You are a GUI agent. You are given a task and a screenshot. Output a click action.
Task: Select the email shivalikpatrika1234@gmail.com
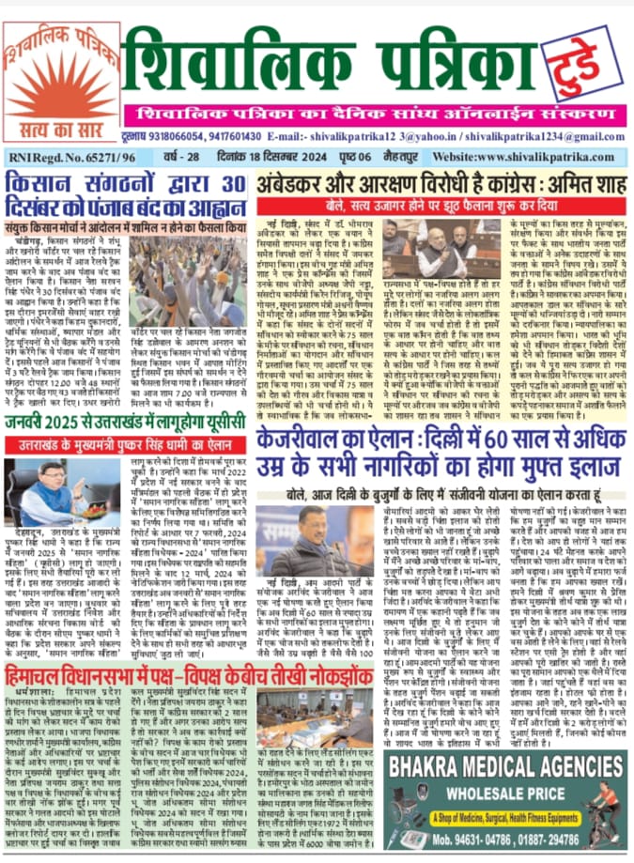(x=542, y=134)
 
